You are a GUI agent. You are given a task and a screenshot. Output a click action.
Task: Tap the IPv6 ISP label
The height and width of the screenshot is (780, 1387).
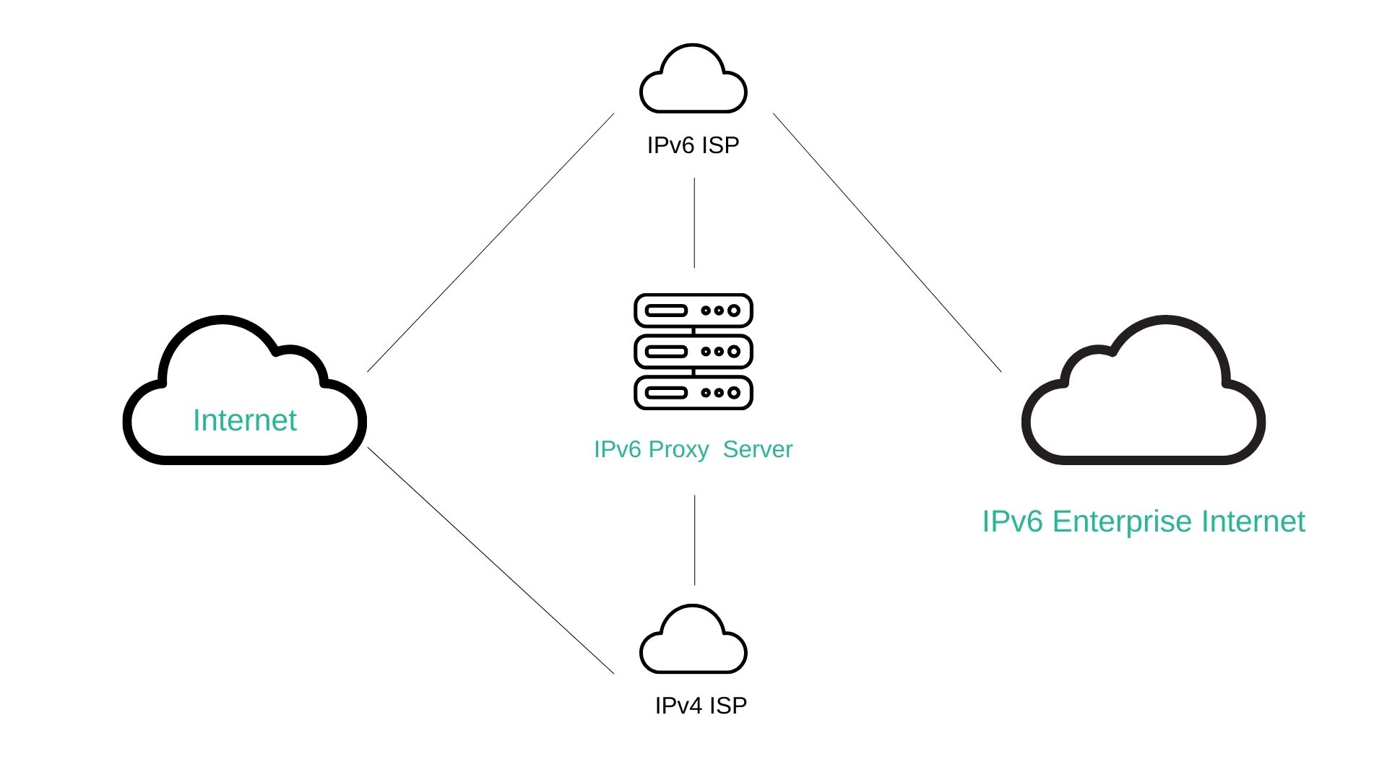[x=693, y=145]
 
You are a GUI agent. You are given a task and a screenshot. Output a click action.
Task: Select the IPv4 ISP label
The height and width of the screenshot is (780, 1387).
[x=700, y=706]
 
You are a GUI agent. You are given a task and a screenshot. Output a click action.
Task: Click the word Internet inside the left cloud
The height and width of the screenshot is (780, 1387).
[x=245, y=420]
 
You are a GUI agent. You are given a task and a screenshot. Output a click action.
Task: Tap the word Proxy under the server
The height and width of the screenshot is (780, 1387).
[x=678, y=449]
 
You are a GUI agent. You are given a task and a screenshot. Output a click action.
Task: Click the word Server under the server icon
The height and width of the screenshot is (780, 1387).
[x=758, y=449]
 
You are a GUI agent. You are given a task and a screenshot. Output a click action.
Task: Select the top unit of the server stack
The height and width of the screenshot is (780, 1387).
[x=693, y=311]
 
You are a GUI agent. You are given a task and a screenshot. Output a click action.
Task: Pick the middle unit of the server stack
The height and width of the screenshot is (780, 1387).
[x=693, y=352]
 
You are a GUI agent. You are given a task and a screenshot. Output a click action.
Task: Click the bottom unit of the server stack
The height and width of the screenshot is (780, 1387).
[x=693, y=393]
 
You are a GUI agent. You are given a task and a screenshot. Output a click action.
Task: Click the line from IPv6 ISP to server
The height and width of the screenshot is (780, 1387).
[x=694, y=222]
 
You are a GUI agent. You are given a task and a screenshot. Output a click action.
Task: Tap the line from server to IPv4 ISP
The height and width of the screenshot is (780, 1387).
[x=694, y=539]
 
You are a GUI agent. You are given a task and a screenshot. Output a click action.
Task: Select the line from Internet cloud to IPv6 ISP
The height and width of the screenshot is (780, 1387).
[x=491, y=243]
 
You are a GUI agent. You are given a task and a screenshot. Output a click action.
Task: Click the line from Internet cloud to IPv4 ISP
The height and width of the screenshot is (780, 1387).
[x=491, y=560]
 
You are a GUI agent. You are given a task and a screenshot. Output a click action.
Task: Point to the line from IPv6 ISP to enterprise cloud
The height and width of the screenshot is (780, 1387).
[x=887, y=243]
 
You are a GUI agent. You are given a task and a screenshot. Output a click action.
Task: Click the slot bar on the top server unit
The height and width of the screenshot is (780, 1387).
[x=666, y=311]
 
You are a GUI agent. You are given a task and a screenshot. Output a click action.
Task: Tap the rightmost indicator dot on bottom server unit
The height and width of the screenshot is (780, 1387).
[x=734, y=393]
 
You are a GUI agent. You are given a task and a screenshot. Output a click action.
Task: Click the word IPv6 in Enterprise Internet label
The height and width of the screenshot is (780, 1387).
[x=1012, y=521]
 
